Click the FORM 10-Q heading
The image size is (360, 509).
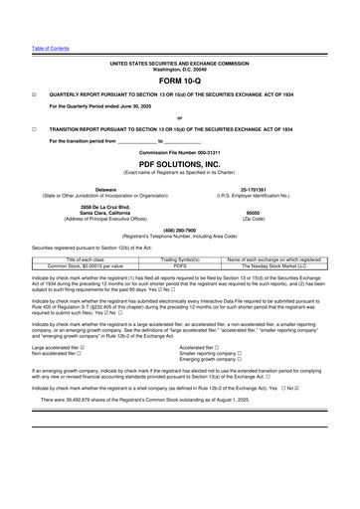pyautogui.click(x=179, y=82)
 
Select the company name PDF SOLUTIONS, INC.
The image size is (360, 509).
pyautogui.click(x=179, y=162)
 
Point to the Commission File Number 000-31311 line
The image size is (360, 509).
pyautogui.click(x=179, y=151)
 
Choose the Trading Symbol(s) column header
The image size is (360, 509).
pyautogui.click(x=179, y=257)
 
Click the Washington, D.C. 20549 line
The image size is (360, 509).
pyautogui.click(x=179, y=69)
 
